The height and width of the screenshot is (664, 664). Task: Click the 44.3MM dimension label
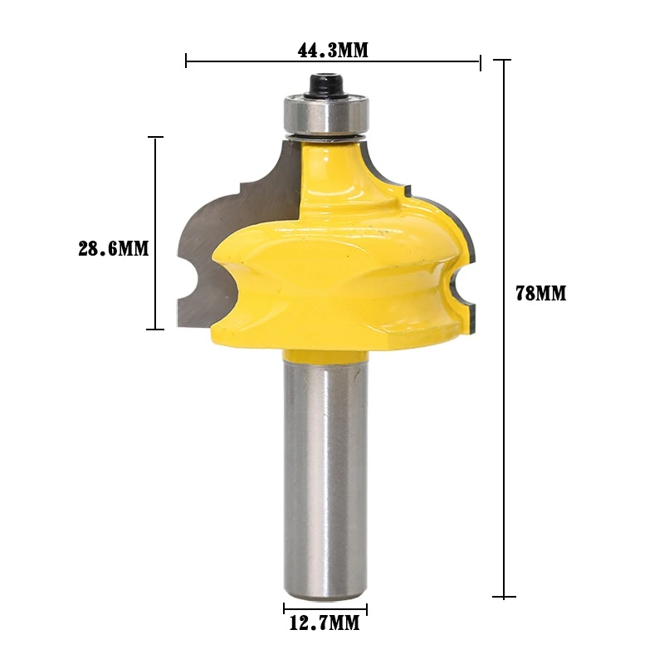[x=332, y=50]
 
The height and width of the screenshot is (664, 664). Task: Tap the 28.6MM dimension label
[x=113, y=248]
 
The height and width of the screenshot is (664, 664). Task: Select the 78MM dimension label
[x=540, y=293]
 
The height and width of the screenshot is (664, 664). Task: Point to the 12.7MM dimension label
[x=325, y=624]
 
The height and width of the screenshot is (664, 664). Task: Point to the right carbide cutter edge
[x=465, y=249]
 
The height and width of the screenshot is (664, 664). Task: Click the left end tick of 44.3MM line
[x=186, y=60]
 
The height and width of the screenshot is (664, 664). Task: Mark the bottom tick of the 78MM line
[x=503, y=596]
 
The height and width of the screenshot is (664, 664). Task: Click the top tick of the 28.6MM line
[x=154, y=137]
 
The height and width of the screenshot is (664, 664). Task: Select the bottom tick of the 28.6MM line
[x=154, y=330]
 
